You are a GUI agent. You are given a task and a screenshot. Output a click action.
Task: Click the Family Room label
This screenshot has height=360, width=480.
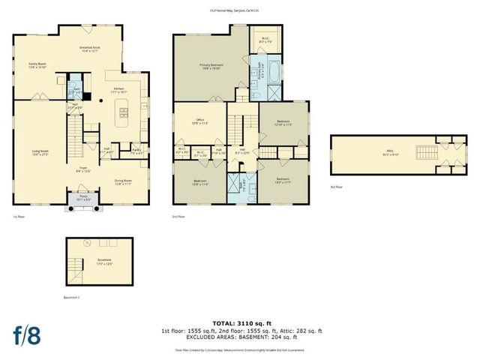(x=37, y=64)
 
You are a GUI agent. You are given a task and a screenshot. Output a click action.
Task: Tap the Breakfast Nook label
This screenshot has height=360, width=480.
(x=91, y=49)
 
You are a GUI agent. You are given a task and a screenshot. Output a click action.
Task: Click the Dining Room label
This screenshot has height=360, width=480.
(x=123, y=181)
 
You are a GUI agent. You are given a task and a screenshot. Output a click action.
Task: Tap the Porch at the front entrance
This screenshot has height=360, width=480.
(x=83, y=199)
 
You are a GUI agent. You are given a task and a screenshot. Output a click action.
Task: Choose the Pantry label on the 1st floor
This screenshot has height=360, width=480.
(x=136, y=151)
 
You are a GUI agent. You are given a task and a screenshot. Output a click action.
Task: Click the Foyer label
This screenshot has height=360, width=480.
(x=83, y=170)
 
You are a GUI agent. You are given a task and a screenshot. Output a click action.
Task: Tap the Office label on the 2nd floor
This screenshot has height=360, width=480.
(x=199, y=121)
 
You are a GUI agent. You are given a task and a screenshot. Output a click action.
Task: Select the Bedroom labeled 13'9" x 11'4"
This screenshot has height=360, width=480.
(x=199, y=181)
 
